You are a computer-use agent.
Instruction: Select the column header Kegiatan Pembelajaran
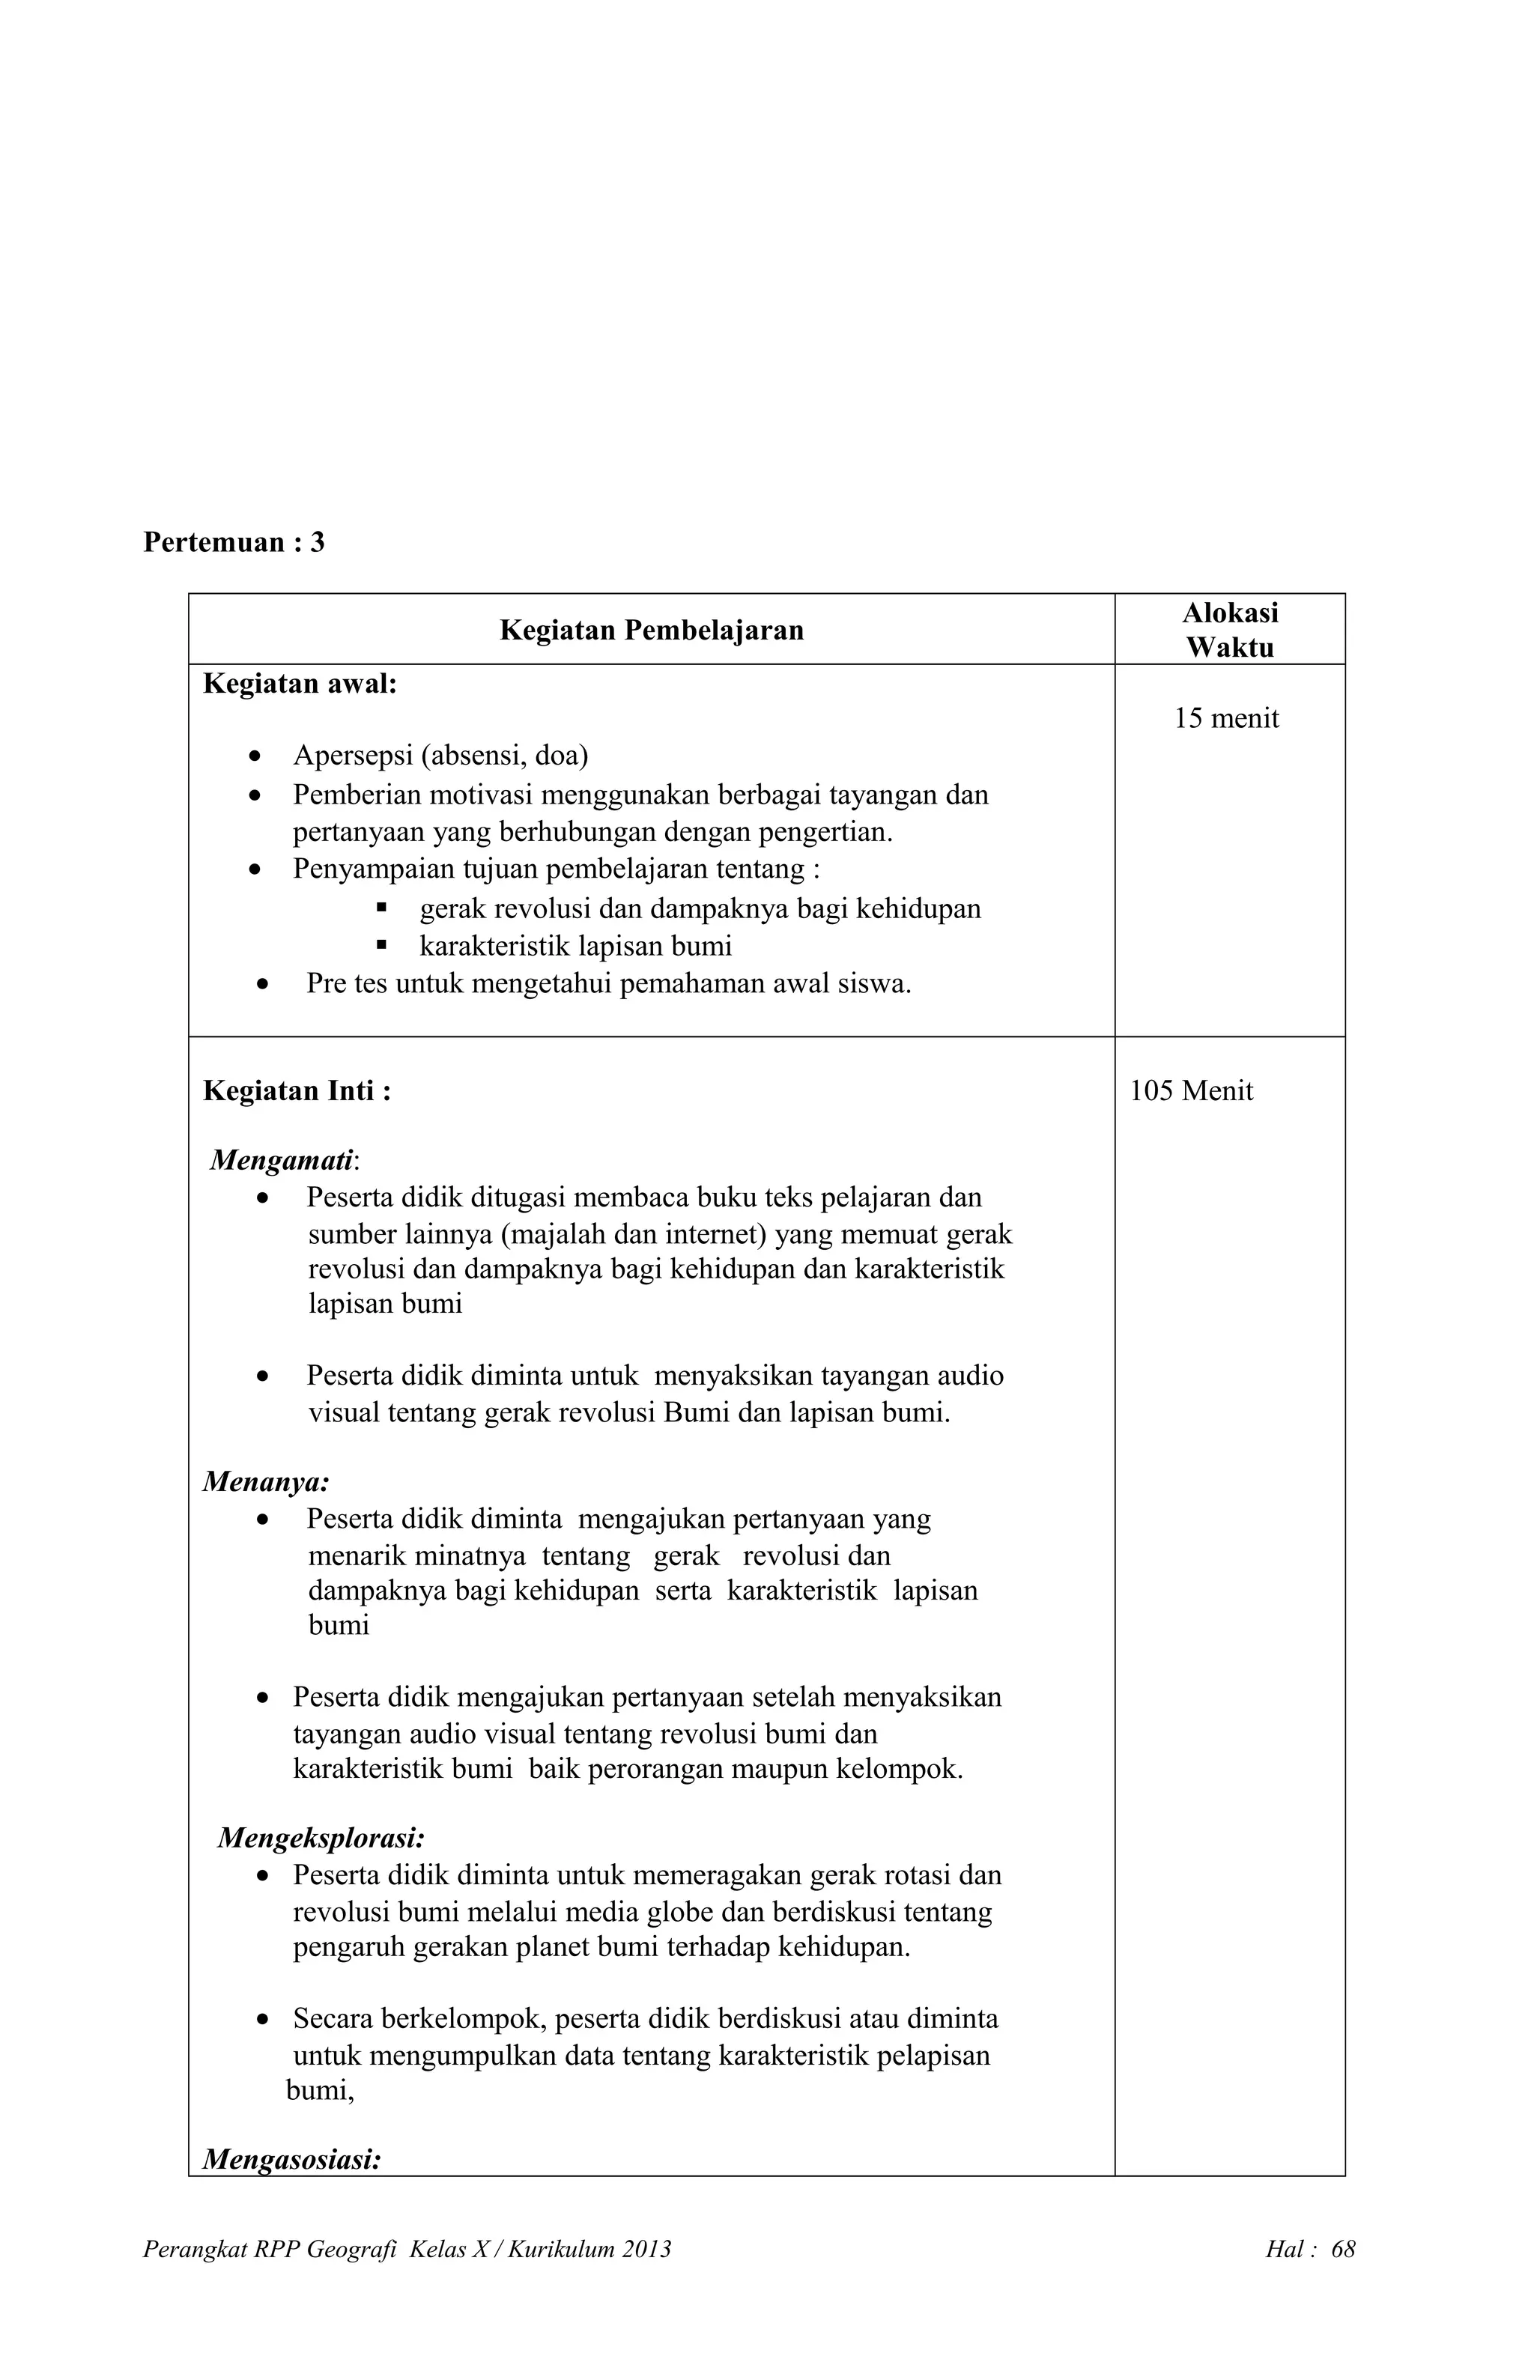coord(651,630)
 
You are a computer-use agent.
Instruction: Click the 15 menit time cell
coord(1225,719)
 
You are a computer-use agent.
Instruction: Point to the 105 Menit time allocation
coord(1191,1091)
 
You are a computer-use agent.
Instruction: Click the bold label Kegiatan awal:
coord(300,684)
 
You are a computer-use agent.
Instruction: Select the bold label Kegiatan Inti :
coord(297,1091)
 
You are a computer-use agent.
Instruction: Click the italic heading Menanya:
coord(266,1481)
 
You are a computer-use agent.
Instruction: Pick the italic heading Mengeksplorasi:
coord(321,1838)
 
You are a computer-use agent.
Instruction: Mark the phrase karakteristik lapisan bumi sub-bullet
coord(575,946)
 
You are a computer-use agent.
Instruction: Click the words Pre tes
coord(346,984)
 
